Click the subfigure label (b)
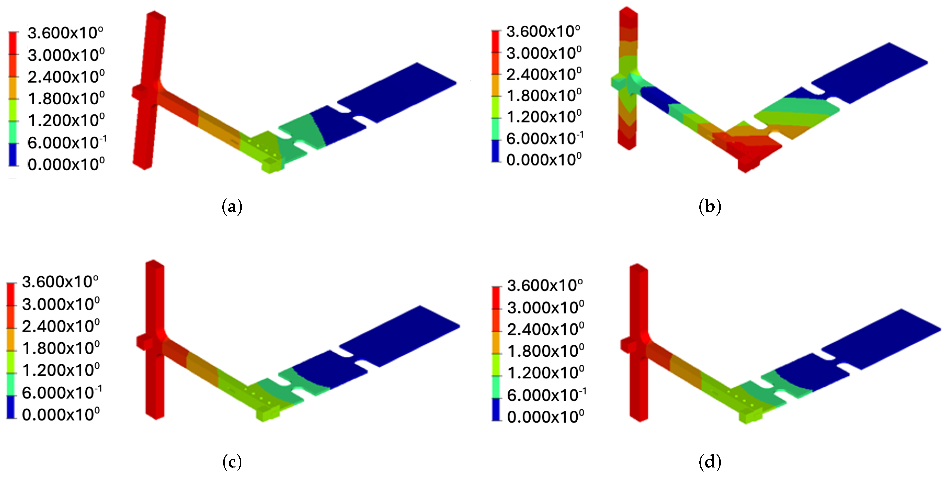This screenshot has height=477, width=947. click(x=710, y=207)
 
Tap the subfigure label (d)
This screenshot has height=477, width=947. click(x=710, y=462)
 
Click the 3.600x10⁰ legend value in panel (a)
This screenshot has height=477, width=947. click(x=66, y=33)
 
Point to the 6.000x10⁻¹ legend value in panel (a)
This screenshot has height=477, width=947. click(x=67, y=142)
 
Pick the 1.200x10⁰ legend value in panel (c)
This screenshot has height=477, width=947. click(x=61, y=370)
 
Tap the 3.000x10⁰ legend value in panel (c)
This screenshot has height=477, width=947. click(x=61, y=304)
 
